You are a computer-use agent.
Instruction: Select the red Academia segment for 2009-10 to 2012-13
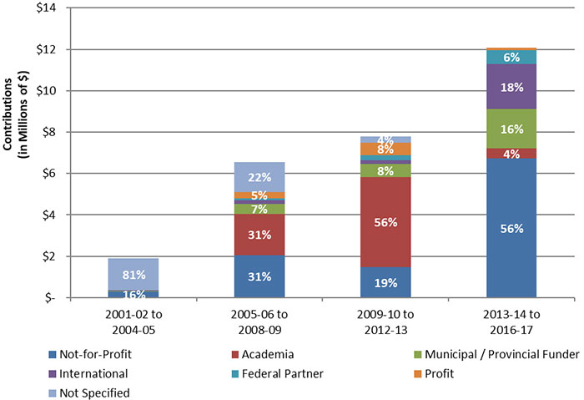point(385,221)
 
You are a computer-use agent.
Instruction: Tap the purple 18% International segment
point(511,86)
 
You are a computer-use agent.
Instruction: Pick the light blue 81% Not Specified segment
point(133,274)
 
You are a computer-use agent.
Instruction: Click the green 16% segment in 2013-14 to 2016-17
point(511,129)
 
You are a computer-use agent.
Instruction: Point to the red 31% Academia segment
point(259,235)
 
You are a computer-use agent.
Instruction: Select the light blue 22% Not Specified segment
point(259,177)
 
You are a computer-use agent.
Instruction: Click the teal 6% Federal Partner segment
point(511,57)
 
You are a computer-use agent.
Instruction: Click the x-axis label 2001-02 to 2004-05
point(133,318)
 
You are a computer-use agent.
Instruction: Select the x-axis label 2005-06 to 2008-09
point(259,318)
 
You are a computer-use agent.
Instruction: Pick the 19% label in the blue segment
point(385,282)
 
